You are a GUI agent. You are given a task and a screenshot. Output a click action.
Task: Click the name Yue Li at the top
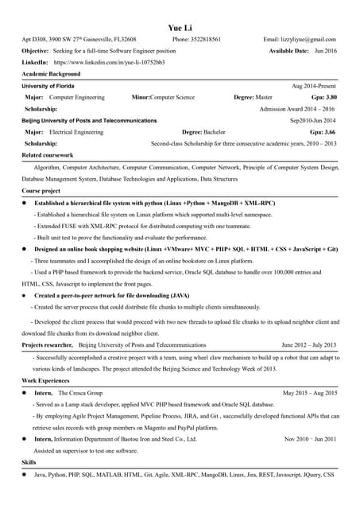point(180,25)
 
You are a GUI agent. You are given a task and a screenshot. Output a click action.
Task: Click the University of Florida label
point(48,85)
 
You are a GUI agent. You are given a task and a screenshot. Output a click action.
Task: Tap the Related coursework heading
point(48,155)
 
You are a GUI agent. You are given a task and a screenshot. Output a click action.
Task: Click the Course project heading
point(41,192)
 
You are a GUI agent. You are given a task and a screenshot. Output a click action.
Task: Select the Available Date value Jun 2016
point(325,50)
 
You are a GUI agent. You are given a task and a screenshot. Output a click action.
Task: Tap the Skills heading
point(29,462)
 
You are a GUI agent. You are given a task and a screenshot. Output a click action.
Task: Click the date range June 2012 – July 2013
point(309,345)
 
